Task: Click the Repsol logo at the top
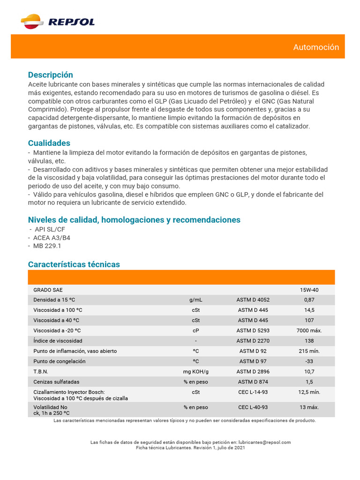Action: coord(58,22)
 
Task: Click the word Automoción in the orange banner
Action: coord(316,47)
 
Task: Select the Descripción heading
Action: coord(51,75)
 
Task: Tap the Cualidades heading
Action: coord(49,143)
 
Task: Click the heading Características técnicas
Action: coord(74,264)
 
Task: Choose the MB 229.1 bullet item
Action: coord(47,246)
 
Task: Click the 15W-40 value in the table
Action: coord(309,290)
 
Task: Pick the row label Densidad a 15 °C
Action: coord(54,300)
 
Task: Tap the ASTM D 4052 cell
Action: coord(253,300)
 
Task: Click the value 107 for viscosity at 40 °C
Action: coord(309,320)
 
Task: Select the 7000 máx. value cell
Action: coord(309,330)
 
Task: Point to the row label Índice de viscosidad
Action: coord(58,341)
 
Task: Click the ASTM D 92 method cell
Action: coord(253,351)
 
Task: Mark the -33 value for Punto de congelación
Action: coord(309,361)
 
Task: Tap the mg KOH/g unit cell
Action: coord(195,372)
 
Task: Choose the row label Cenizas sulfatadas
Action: coord(56,382)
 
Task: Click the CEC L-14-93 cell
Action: coord(253,392)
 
